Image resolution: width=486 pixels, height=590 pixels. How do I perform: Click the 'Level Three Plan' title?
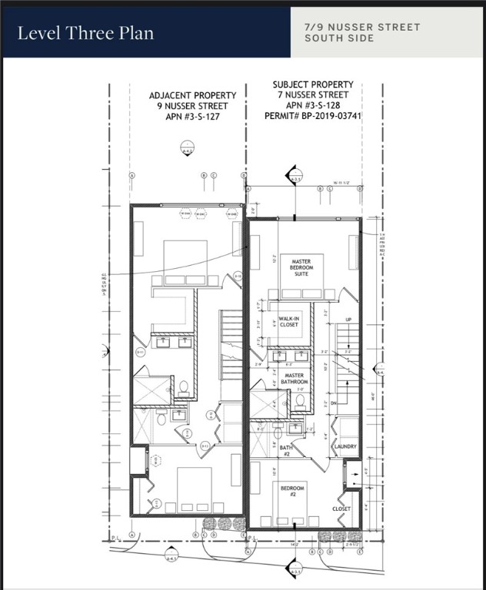pyautogui.click(x=85, y=33)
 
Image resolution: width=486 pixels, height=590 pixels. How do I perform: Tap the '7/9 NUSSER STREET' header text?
pyautogui.click(x=362, y=27)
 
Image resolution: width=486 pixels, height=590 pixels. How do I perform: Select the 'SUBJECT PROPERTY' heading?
pyautogui.click(x=313, y=85)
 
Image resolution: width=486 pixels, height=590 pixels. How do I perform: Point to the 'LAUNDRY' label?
pyautogui.click(x=345, y=446)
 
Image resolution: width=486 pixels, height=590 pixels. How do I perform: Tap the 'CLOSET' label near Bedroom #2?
pyautogui.click(x=341, y=509)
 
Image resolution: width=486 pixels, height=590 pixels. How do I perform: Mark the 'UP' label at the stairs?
pyautogui.click(x=348, y=319)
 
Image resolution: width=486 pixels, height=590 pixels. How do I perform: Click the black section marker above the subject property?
pyautogui.click(x=292, y=174)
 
